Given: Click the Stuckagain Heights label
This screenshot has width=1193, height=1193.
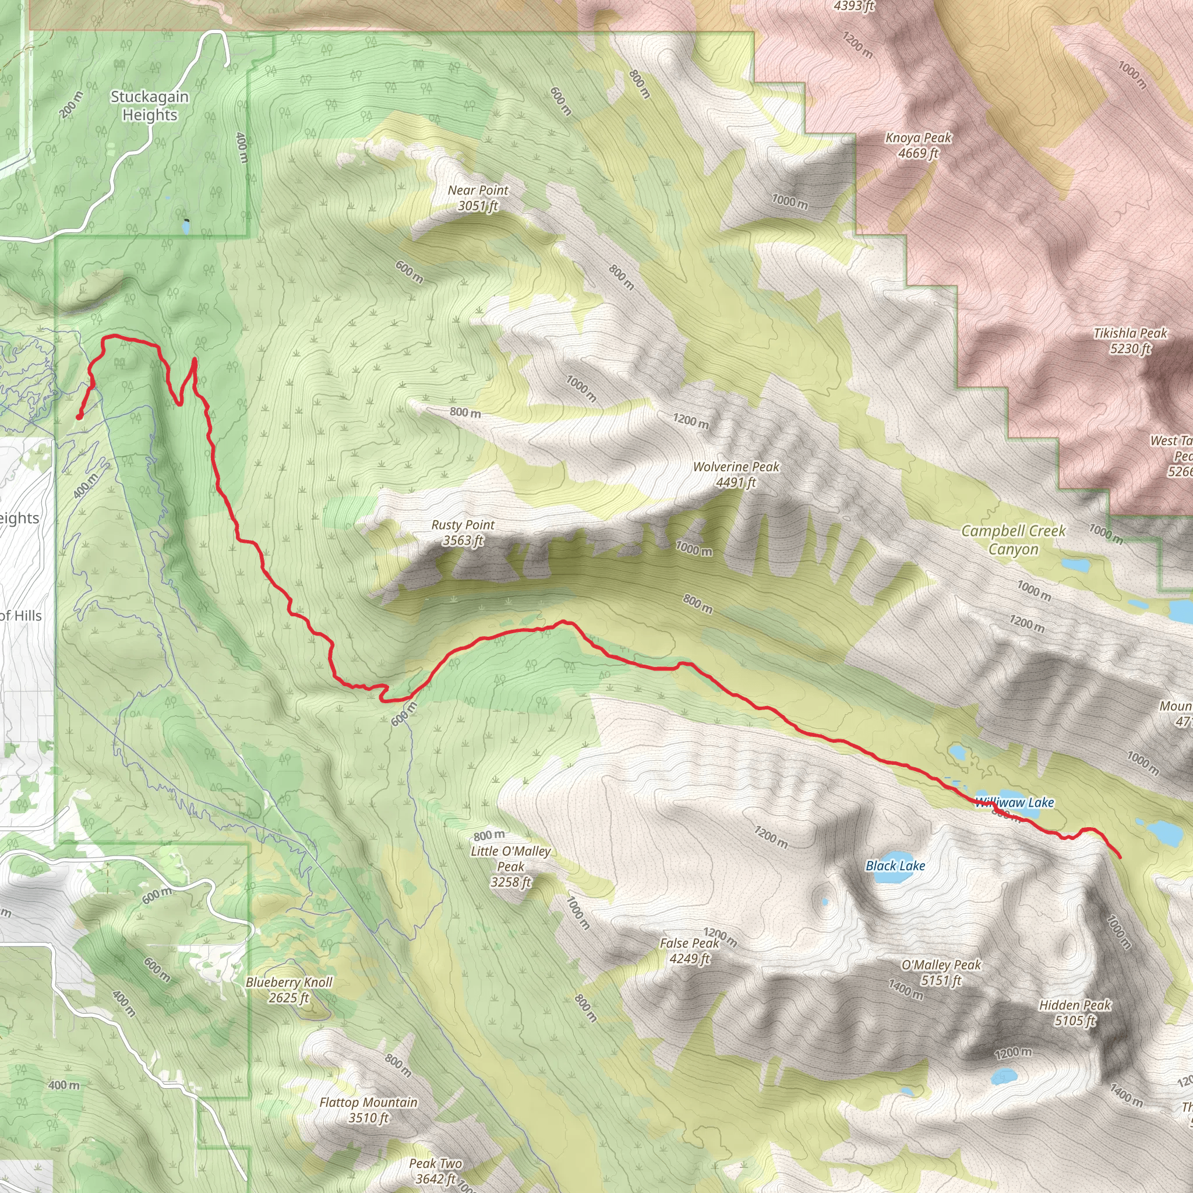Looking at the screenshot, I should pos(150,106).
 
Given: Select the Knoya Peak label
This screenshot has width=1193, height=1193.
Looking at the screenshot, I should pos(918,145).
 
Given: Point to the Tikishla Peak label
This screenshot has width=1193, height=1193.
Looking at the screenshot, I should pos(1130,341).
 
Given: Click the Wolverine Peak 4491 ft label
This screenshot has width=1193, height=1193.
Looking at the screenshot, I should pos(736,474).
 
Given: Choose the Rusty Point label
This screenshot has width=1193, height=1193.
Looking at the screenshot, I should pos(463,532).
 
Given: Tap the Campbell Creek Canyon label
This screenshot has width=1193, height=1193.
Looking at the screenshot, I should pos(1014,539).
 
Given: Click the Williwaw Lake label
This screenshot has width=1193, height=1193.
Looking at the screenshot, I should pos(1015,802).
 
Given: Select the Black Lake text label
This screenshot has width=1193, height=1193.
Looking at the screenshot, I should pos(895,866).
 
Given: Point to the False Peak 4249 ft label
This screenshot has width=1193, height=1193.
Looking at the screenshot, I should pos(689,950).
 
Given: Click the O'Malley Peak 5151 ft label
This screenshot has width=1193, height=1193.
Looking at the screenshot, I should pos(941,972).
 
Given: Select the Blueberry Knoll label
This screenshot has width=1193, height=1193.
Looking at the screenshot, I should pos(289,990).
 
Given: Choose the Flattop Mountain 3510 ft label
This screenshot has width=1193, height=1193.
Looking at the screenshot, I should pos(369,1110).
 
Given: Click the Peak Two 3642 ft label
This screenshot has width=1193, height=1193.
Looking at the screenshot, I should pos(435,1171).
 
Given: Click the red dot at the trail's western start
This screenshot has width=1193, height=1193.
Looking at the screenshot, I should pos(79,417).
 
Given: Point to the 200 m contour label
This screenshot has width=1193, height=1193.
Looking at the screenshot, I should pos(71,104).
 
